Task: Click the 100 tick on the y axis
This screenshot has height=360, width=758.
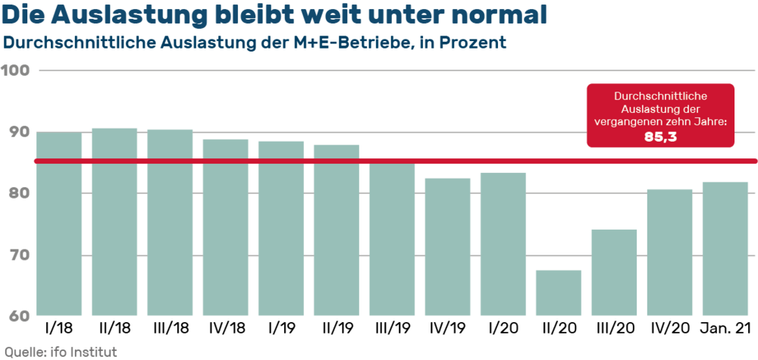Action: point(16,70)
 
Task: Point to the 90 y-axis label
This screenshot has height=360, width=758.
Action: point(16,132)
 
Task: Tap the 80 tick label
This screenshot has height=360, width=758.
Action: point(16,193)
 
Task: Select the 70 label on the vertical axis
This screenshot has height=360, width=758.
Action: point(16,255)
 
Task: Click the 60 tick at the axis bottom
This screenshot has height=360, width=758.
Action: point(16,316)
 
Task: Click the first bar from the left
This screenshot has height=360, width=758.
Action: point(60,224)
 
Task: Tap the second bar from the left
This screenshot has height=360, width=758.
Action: point(115,221)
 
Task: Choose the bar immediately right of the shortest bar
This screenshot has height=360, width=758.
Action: point(614,272)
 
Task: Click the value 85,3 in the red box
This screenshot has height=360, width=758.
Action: point(660,137)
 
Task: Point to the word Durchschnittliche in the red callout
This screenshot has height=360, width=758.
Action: point(660,97)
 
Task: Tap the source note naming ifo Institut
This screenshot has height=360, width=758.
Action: point(61,351)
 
